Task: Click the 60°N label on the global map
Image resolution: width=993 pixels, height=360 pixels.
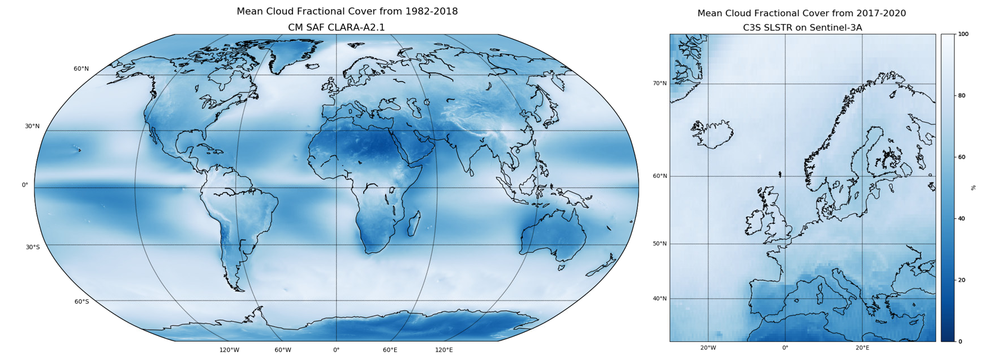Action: pyautogui.click(x=81, y=69)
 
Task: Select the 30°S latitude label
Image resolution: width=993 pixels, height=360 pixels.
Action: pyautogui.click(x=33, y=247)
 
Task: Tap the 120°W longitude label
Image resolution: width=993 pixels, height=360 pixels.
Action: pyautogui.click(x=229, y=350)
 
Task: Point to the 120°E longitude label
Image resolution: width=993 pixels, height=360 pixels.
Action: pyautogui.click(x=444, y=350)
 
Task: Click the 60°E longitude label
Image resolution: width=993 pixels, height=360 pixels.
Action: pyautogui.click(x=390, y=350)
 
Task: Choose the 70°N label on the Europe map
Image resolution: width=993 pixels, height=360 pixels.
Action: pyautogui.click(x=660, y=83)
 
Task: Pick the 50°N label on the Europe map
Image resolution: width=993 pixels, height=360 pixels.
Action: pyautogui.click(x=660, y=244)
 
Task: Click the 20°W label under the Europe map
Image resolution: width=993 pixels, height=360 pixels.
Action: pyautogui.click(x=708, y=348)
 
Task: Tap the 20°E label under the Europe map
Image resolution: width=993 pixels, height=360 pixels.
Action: pyautogui.click(x=863, y=348)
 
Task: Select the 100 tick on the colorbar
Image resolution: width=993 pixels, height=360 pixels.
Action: pyautogui.click(x=963, y=34)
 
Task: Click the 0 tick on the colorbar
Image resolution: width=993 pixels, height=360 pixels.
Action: pyautogui.click(x=960, y=341)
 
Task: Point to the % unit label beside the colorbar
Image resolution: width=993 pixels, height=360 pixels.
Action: pyautogui.click(x=973, y=187)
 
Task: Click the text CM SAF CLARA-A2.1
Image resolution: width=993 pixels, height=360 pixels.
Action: pyautogui.click(x=336, y=28)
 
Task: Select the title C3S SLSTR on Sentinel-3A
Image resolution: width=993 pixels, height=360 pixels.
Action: pyautogui.click(x=802, y=28)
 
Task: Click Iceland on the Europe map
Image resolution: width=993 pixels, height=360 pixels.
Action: pyautogui.click(x=712, y=134)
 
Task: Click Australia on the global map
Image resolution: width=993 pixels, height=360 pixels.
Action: pyautogui.click(x=554, y=233)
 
